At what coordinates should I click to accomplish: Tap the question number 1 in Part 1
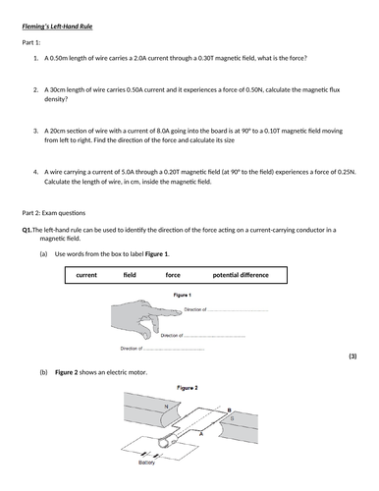point(34,59)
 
